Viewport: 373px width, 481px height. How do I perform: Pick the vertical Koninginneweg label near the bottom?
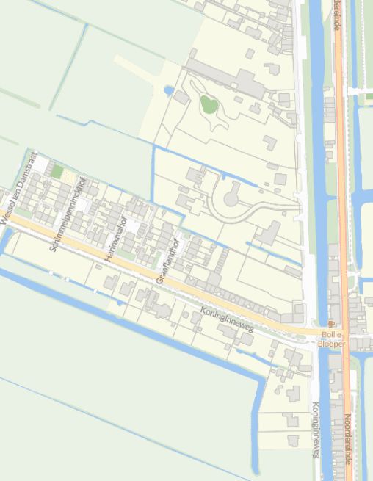coord(315,430)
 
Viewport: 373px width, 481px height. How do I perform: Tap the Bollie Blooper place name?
coord(331,339)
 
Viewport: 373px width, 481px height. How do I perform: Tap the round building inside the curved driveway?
coord(231,197)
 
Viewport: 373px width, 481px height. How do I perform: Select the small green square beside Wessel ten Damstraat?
coord(57,172)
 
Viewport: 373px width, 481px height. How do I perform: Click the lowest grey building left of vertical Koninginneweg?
coord(293,441)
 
